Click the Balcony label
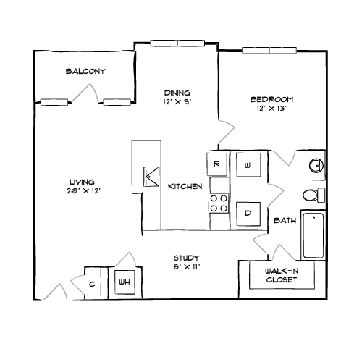(x=85, y=71)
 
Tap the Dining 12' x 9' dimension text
(x=177, y=102)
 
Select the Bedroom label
(x=271, y=99)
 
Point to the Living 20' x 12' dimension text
(x=83, y=191)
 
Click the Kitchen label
(x=185, y=186)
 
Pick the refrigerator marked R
(x=217, y=164)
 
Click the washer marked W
(x=248, y=164)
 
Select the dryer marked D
(x=248, y=214)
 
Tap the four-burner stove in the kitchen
(x=219, y=203)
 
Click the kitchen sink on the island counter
(x=151, y=177)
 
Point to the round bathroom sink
(x=316, y=165)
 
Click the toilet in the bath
(x=313, y=195)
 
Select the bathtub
(x=313, y=235)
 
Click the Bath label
(x=285, y=220)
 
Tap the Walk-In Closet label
(x=282, y=275)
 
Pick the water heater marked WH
(x=125, y=282)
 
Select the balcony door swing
(x=85, y=93)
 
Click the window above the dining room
(x=177, y=43)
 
